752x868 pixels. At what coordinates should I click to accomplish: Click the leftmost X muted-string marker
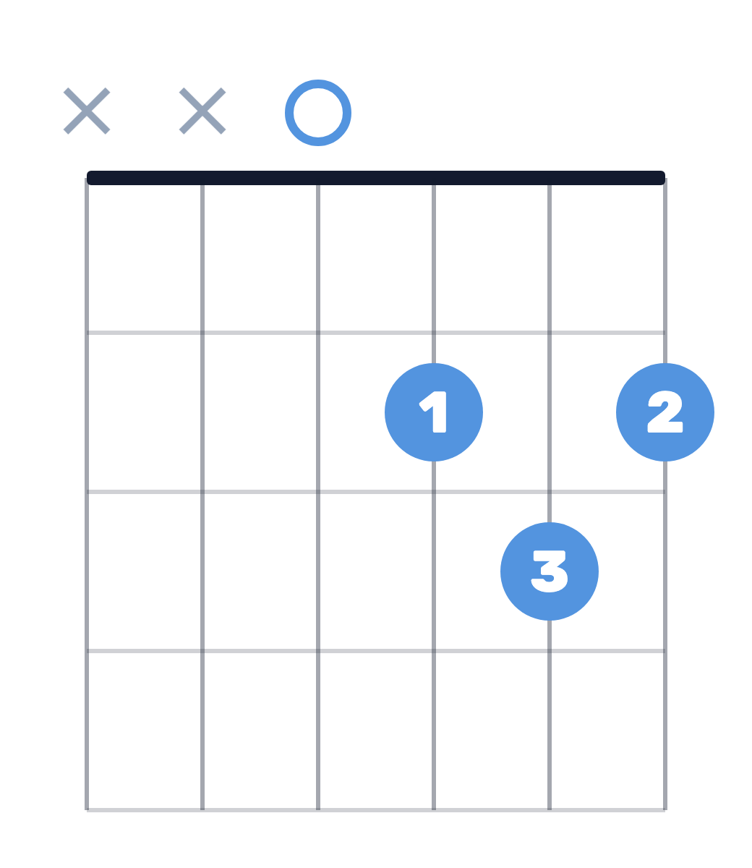(87, 111)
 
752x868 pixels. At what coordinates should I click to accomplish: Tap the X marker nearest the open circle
(202, 111)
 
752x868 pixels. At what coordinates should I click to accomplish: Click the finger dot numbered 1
(434, 412)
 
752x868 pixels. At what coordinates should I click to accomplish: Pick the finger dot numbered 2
(665, 412)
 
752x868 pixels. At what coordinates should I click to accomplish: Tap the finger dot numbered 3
(550, 571)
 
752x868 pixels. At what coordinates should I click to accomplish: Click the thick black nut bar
(376, 178)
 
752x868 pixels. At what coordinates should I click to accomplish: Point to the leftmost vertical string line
(87, 494)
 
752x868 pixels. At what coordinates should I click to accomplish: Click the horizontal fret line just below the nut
(376, 333)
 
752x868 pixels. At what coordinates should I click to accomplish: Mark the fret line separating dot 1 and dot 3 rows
(376, 492)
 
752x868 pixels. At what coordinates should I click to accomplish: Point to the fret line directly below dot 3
(376, 651)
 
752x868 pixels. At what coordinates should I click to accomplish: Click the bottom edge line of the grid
(376, 810)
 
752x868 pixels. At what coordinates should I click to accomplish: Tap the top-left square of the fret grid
(145, 258)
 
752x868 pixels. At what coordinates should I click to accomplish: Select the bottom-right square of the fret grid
(607, 731)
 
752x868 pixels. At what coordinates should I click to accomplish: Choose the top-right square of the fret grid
(607, 258)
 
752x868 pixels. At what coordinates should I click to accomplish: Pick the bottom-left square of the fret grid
(145, 731)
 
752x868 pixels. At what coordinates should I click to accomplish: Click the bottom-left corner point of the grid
(87, 810)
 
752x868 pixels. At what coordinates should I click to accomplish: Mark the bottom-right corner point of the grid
(665, 810)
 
